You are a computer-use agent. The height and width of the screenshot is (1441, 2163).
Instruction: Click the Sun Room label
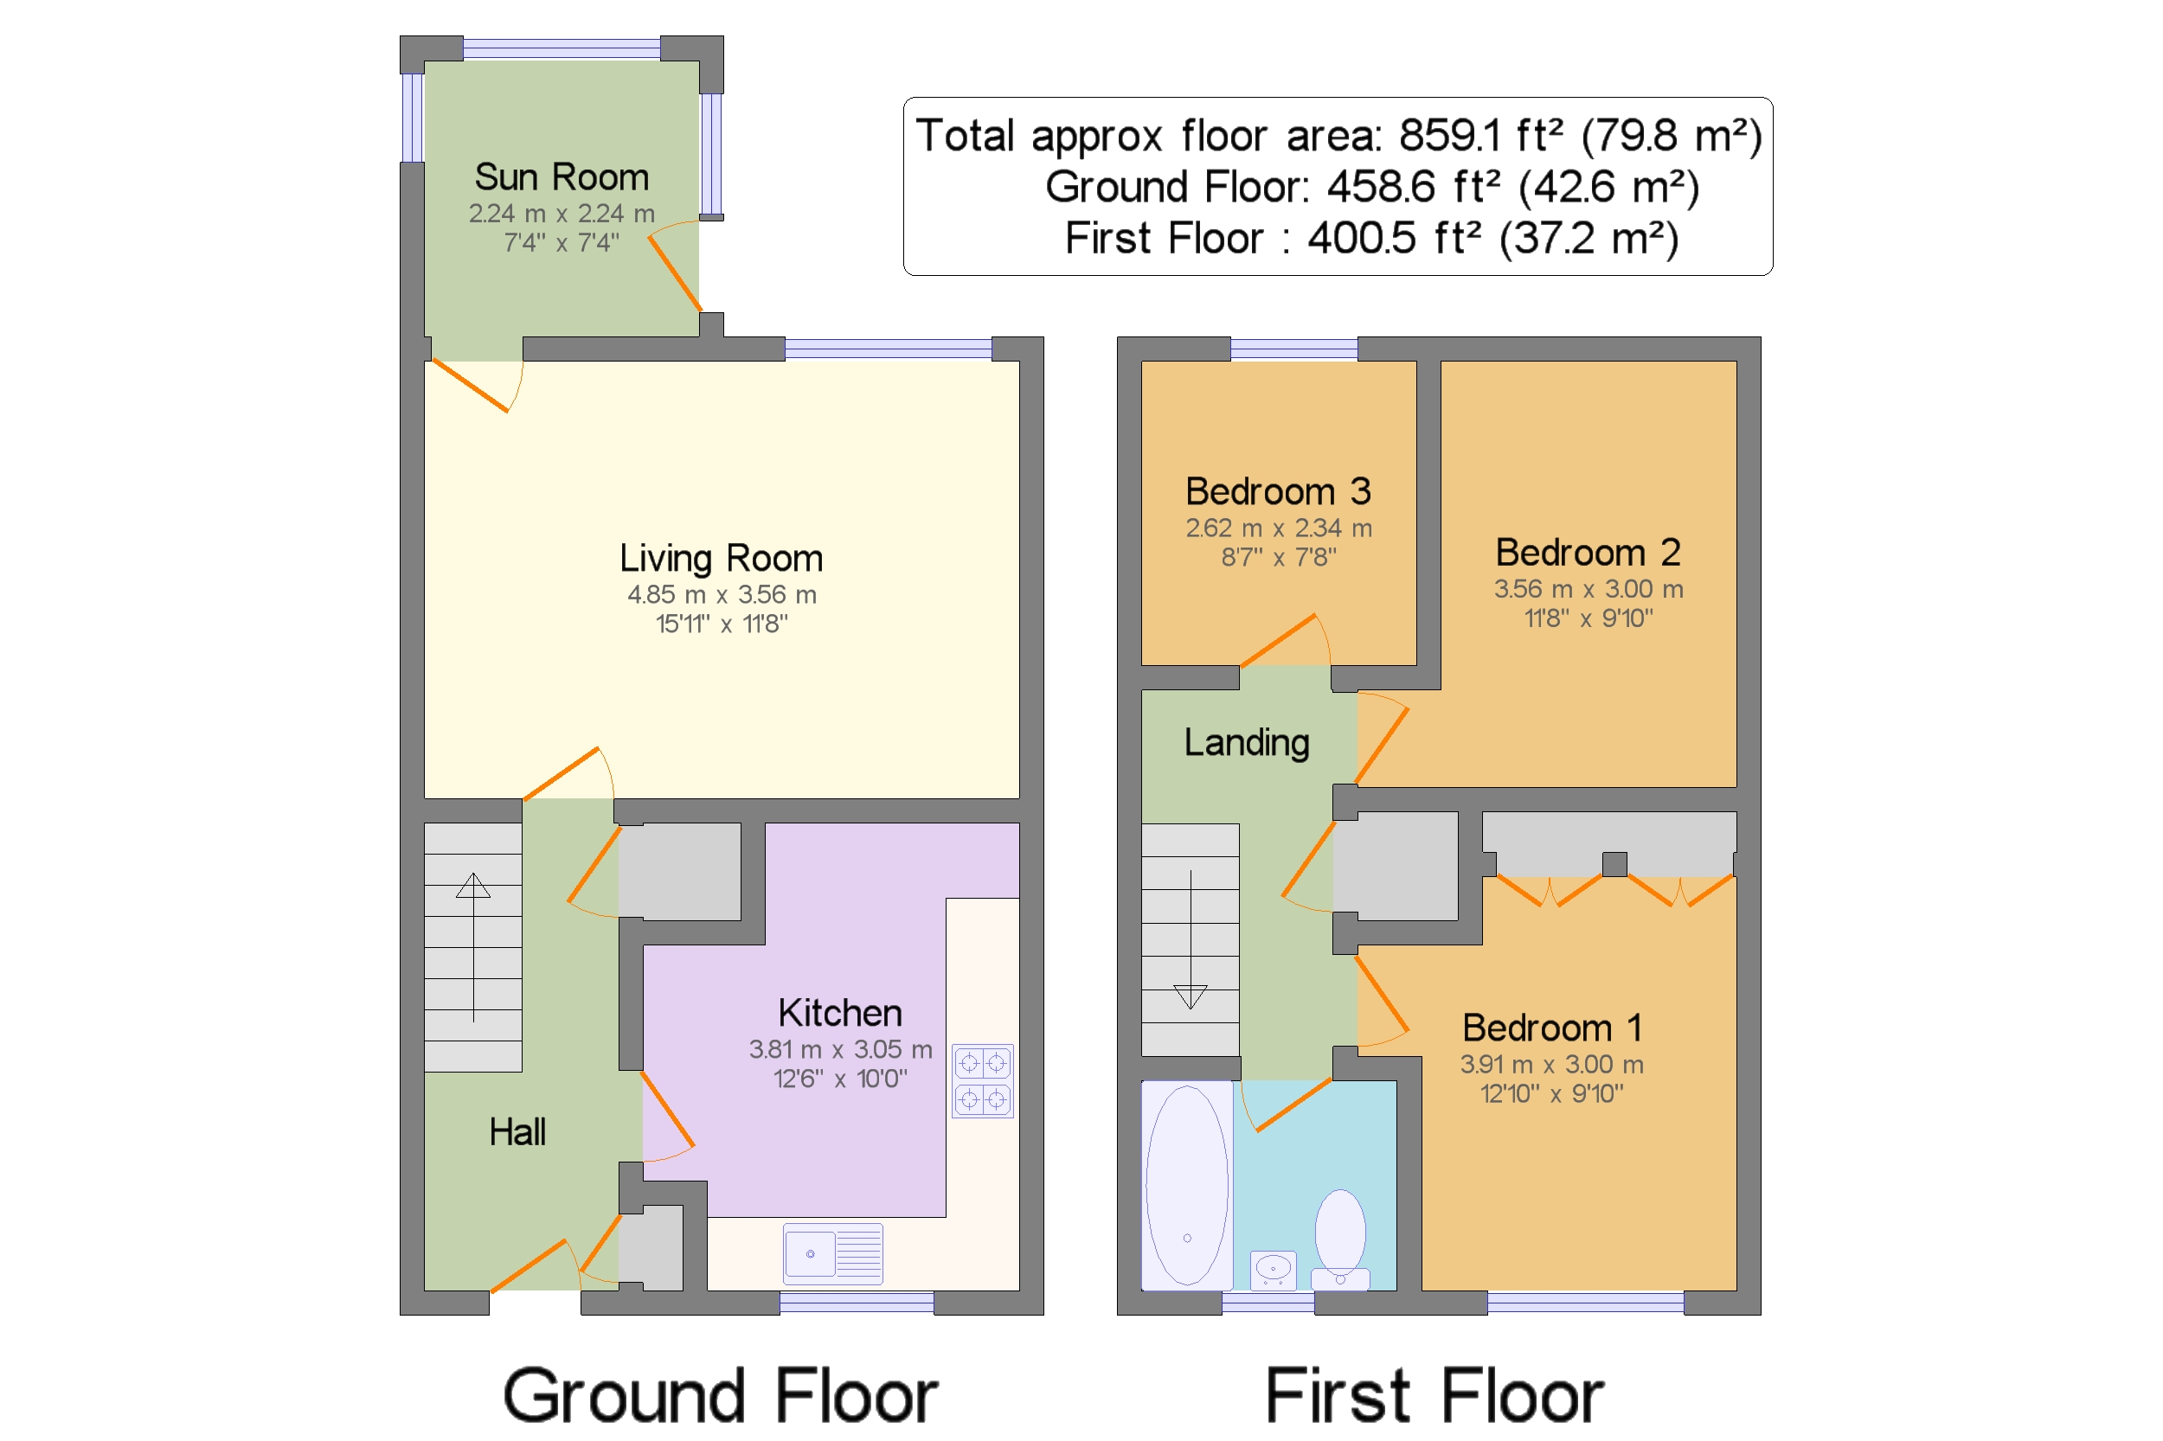tap(562, 176)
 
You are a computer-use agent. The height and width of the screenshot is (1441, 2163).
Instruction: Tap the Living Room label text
tap(721, 558)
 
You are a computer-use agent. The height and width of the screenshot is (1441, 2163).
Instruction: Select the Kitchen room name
tap(840, 1013)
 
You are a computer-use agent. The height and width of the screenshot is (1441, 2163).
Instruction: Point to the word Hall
tap(517, 1132)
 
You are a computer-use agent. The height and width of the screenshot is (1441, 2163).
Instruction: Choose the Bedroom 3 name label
tap(1278, 491)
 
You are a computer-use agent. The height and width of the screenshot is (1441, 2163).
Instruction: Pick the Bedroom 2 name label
tap(1588, 553)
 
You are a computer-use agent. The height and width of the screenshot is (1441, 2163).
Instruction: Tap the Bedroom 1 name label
tap(1551, 1028)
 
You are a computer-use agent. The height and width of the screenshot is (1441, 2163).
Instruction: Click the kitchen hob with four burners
tap(983, 1081)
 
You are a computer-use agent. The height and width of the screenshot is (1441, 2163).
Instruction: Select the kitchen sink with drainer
tap(833, 1253)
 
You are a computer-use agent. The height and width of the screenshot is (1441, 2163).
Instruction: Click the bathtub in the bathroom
tap(1187, 1186)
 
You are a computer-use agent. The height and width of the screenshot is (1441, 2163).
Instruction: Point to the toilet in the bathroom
tap(1340, 1239)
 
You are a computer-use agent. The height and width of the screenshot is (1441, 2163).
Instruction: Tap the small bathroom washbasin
tap(1274, 1270)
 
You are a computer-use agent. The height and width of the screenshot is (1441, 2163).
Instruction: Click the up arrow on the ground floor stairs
tap(473, 947)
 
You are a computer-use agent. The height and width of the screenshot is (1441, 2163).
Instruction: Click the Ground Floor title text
tap(721, 1396)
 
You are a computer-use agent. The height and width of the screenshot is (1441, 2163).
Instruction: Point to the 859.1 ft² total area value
tap(1480, 135)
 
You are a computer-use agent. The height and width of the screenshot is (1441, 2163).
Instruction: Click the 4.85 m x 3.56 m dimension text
tap(722, 594)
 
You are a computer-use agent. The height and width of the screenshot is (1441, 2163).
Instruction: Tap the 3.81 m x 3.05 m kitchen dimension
tap(840, 1049)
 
